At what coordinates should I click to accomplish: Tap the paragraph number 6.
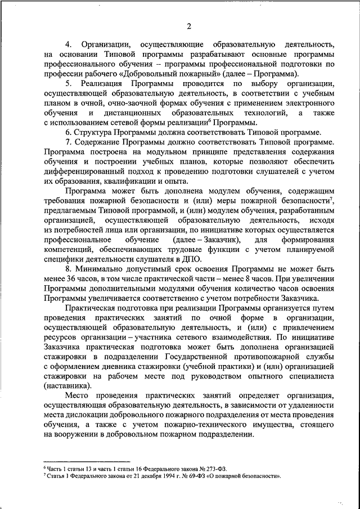pyautogui.click(x=67, y=132)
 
